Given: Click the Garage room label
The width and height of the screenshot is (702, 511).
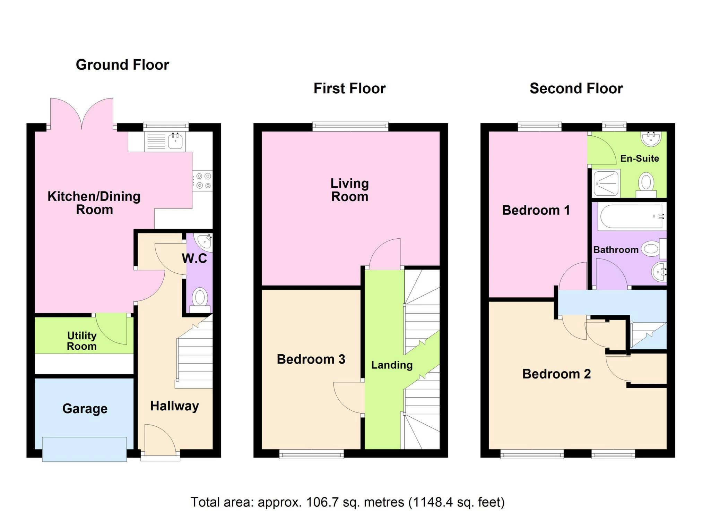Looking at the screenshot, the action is [x=85, y=409].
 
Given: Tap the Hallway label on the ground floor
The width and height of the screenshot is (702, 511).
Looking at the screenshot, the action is [x=174, y=406].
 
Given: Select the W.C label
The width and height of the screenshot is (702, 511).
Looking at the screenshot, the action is [x=194, y=258].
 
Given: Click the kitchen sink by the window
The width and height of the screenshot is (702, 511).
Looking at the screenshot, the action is [x=175, y=141].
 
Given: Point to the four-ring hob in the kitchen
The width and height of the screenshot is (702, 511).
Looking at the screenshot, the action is [x=202, y=181].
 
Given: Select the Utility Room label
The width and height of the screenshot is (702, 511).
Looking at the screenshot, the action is [x=82, y=341].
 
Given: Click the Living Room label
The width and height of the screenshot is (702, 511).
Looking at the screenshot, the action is [x=349, y=190].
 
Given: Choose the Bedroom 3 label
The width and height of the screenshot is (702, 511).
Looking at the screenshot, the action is [x=311, y=359].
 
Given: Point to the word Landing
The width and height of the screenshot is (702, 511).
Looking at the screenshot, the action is [x=392, y=365].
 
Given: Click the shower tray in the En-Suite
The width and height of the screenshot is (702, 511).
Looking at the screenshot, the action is [x=606, y=183].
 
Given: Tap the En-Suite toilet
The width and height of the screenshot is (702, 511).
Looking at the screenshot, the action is [x=646, y=185].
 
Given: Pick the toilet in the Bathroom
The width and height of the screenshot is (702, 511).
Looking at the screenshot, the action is [x=653, y=249].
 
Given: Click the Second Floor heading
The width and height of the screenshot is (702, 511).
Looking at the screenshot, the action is [x=576, y=88].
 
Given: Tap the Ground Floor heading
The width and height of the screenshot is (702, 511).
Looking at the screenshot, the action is [x=122, y=65].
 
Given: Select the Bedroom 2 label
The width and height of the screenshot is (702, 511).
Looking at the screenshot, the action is [x=556, y=374].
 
